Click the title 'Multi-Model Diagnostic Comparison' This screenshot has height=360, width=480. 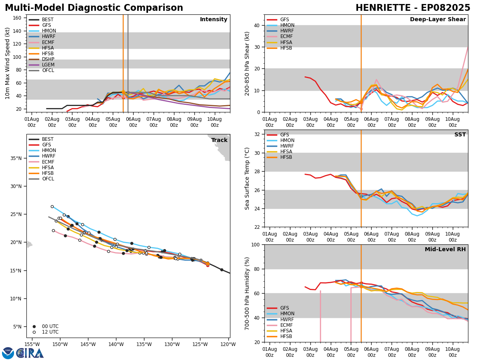click(x=94, y=8)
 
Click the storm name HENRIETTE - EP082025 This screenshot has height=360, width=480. click(x=413, y=8)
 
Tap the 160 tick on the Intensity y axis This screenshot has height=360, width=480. click(x=18, y=18)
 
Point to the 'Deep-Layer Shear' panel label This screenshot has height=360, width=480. click(x=438, y=20)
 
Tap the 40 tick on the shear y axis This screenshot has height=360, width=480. click(x=256, y=25)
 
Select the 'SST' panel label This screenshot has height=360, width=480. click(x=460, y=135)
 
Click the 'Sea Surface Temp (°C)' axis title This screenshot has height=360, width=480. click(x=248, y=178)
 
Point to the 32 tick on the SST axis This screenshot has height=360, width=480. click(x=256, y=134)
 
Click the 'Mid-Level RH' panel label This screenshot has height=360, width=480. click(x=445, y=250)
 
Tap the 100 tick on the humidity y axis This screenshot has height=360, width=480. click(x=255, y=245)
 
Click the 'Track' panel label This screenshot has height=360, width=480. click(x=219, y=140)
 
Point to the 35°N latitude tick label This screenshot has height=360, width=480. click(x=16, y=158)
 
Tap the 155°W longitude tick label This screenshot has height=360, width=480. click(x=32, y=344)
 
